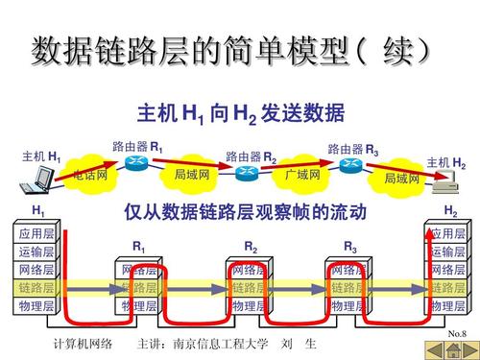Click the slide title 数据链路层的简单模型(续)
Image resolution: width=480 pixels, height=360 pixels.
point(230,48)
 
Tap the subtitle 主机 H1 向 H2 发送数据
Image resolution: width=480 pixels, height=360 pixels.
point(240,114)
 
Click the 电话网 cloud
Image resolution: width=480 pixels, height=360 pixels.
point(91,177)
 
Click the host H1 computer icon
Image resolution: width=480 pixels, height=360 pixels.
point(43,177)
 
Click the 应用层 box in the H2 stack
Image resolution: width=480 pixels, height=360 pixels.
point(447,233)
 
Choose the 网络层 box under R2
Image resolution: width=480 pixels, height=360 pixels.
point(250,270)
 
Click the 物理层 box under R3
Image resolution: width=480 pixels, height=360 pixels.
point(351,306)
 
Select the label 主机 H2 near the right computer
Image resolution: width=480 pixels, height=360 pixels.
point(446,163)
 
